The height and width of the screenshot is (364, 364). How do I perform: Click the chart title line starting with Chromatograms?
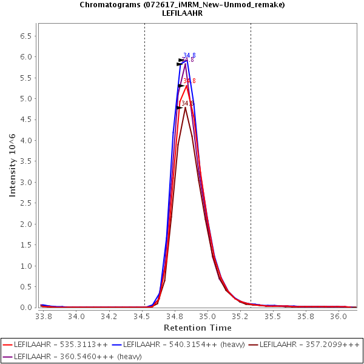coord(182,5)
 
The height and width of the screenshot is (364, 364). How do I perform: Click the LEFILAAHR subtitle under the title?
coord(182,13)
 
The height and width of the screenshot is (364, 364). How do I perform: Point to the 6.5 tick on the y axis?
coord(26,36)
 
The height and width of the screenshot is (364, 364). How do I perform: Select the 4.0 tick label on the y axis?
coord(26,141)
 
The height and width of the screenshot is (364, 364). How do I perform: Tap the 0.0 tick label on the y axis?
coord(26,308)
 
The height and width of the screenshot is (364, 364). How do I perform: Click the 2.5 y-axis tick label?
coord(26,203)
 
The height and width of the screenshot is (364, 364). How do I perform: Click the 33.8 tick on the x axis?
coord(43,316)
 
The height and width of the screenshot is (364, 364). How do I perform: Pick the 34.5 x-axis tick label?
coord(143,316)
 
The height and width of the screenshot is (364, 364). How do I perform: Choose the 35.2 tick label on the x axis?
coord(241,316)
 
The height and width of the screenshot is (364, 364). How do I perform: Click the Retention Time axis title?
coord(197,328)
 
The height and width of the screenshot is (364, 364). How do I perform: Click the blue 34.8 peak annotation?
coord(189,56)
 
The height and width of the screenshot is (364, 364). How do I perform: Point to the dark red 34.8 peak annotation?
coord(187,104)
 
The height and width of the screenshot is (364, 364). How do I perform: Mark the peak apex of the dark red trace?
coord(185,107)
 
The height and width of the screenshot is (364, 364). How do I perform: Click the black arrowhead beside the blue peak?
coord(181,60)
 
